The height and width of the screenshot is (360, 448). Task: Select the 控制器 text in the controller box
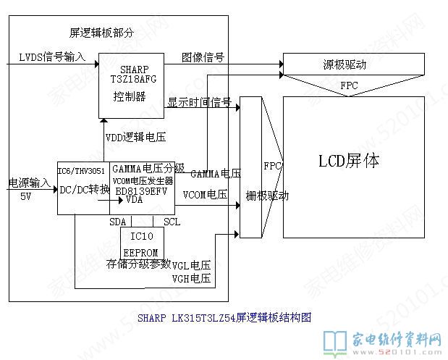point(130,96)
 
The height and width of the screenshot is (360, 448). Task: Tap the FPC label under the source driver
point(348,85)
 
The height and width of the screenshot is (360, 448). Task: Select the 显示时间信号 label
point(199,101)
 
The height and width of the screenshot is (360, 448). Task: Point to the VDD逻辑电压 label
point(137,137)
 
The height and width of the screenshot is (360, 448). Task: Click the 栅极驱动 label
point(268,196)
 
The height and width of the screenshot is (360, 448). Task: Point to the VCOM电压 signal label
point(205,194)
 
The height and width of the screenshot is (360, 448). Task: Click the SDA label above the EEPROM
point(117,221)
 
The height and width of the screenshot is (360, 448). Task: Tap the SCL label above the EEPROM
point(172,221)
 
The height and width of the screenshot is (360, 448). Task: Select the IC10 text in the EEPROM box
point(142,237)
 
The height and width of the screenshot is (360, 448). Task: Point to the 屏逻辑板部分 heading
point(101,33)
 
